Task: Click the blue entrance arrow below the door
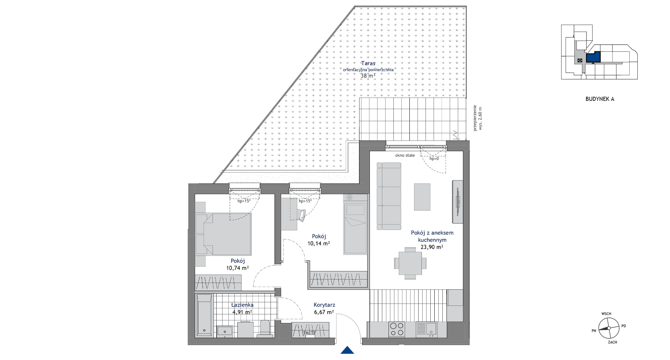click(x=347, y=350)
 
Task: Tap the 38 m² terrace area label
click(x=368, y=76)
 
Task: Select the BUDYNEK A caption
click(x=600, y=99)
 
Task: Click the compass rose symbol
click(x=609, y=328)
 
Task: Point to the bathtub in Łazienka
click(x=204, y=315)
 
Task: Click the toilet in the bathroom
click(x=264, y=329)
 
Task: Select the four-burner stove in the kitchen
click(x=397, y=329)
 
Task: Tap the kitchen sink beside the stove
click(x=426, y=329)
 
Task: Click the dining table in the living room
click(x=410, y=263)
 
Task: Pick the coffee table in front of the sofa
click(x=422, y=197)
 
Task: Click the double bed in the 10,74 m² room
click(x=223, y=234)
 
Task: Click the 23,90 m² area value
click(x=432, y=247)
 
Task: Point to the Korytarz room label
click(x=324, y=305)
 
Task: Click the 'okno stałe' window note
click(x=405, y=155)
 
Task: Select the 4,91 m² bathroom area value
click(x=242, y=312)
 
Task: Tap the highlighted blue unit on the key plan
click(x=593, y=57)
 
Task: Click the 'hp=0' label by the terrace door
click(x=434, y=159)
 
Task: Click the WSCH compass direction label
click(x=606, y=314)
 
